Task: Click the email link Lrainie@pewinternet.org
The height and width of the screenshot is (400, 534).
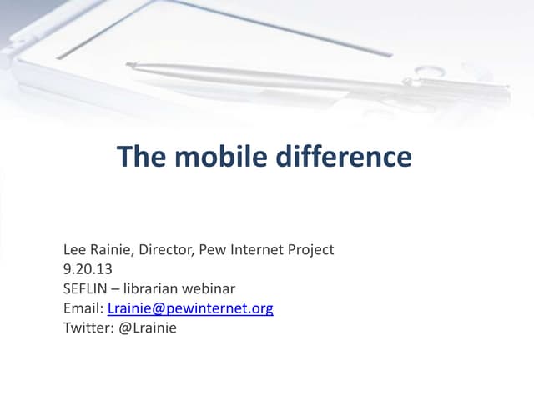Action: point(190,308)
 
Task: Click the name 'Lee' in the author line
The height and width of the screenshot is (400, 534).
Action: point(75,249)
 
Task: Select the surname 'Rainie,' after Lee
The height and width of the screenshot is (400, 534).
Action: point(113,249)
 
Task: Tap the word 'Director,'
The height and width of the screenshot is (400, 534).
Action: point(169,249)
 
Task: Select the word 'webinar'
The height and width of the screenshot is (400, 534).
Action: point(210,289)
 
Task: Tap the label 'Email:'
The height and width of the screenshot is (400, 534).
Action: point(83,308)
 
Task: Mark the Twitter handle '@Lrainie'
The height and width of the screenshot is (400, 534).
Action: point(148,328)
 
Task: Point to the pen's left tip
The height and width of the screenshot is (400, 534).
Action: point(129,64)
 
